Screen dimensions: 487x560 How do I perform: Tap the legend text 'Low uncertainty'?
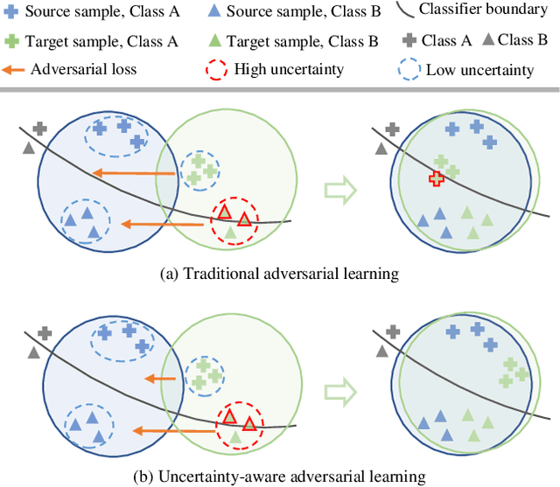point(479,70)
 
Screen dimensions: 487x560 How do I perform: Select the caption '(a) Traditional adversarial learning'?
point(280,274)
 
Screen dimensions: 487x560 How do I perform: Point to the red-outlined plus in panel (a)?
point(436,178)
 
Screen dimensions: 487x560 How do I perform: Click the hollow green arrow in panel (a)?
point(339,189)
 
